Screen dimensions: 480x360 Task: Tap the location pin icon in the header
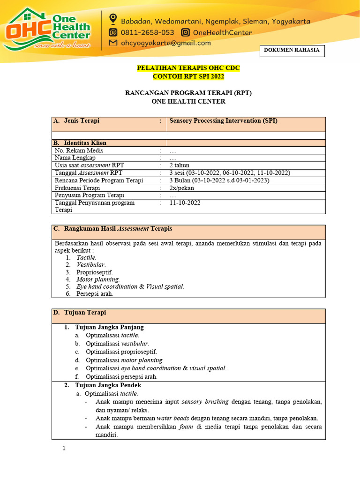[112, 19]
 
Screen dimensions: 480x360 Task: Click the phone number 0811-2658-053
[148, 33]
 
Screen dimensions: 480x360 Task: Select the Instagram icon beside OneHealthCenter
[186, 33]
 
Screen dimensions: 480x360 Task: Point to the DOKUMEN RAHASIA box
[292, 51]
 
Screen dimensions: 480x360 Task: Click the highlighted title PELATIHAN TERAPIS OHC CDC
[188, 68]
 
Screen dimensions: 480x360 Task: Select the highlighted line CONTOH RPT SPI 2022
[188, 76]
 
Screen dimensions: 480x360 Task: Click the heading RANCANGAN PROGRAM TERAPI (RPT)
[188, 93]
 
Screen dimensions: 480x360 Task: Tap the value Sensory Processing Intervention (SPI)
[223, 121]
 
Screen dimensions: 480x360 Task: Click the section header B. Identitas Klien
[82, 142]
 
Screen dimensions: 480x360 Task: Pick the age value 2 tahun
[180, 165]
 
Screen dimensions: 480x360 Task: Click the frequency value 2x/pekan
[182, 188]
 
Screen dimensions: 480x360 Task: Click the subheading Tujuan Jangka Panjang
[109, 327]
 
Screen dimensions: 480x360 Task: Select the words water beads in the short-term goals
[171, 418]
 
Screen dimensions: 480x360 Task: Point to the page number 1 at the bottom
[64, 449]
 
